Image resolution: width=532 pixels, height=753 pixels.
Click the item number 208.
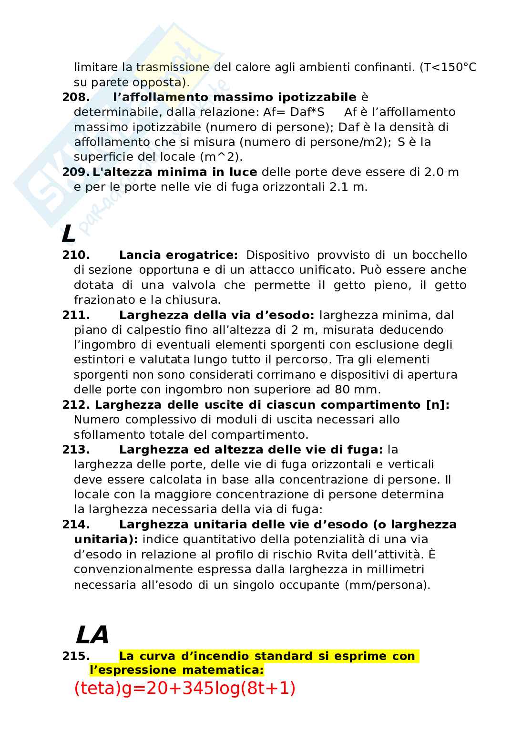click(x=76, y=97)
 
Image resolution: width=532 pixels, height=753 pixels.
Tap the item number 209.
click(x=76, y=172)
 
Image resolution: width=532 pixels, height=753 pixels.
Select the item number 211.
click(x=76, y=315)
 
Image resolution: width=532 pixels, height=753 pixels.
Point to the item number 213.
click(x=76, y=450)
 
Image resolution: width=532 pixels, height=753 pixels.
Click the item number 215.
click(x=76, y=657)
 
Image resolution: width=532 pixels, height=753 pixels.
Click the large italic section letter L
click(x=69, y=235)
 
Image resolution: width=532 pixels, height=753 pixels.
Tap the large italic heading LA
click(x=92, y=635)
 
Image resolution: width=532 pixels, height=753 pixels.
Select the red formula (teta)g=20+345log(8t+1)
click(x=185, y=688)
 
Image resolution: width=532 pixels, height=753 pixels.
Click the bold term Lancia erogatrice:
click(x=178, y=255)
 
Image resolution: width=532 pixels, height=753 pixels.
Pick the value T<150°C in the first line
click(x=448, y=67)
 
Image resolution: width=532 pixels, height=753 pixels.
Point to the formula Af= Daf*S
click(x=294, y=112)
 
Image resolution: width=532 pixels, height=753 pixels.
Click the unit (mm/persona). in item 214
click(x=388, y=585)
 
